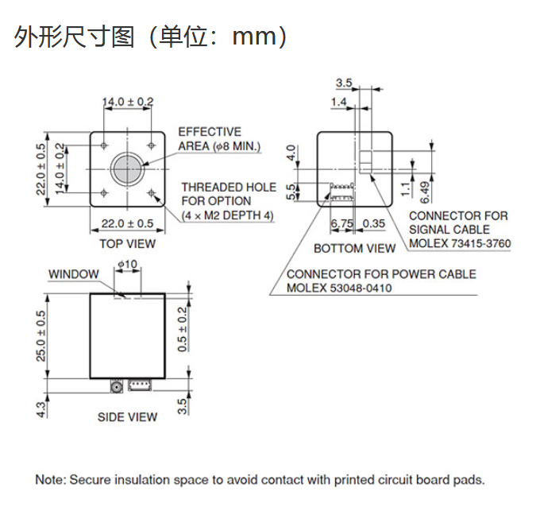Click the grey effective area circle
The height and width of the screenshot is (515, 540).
[127, 169]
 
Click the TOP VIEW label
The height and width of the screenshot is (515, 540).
[127, 244]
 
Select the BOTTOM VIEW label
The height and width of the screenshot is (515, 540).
[354, 249]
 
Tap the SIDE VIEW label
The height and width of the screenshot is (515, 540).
[127, 417]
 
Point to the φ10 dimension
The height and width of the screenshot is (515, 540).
[128, 265]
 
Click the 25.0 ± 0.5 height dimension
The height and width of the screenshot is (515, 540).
[40, 336]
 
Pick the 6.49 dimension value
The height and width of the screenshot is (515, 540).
[426, 192]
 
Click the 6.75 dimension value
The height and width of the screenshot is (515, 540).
[341, 223]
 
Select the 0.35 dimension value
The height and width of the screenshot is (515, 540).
[374, 223]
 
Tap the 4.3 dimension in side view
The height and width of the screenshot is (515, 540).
[40, 410]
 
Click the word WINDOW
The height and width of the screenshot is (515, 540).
[74, 274]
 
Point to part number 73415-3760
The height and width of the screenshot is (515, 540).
[480, 243]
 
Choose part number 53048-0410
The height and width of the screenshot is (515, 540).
[361, 288]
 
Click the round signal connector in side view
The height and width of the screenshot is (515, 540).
[117, 386]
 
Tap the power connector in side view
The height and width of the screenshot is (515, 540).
[140, 385]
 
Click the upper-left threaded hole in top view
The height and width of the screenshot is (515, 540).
[104, 145]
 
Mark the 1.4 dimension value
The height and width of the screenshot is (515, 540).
[338, 102]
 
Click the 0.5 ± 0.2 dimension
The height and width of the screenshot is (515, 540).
[182, 330]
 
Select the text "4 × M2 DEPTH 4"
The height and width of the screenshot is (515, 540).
[228, 216]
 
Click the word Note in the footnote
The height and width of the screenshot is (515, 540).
[50, 480]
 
